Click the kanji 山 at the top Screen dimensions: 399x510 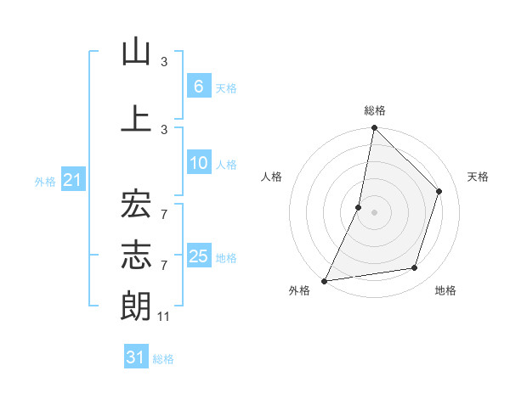tap(136, 53)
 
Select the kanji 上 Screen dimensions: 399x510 tap(136, 118)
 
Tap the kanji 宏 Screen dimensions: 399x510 tap(136, 203)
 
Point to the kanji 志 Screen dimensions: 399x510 tap(136, 254)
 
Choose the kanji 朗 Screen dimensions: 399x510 tap(136, 306)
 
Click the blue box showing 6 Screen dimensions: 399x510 tap(197, 86)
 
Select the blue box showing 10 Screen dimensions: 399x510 tap(197, 163)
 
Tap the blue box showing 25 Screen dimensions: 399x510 tap(198, 256)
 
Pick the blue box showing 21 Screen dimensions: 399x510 tap(71, 180)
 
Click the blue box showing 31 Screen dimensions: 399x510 tap(135, 357)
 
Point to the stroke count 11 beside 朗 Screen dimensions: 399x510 tap(164, 317)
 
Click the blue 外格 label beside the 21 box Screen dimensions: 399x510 tap(45, 181)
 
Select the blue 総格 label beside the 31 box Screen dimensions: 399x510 tap(164, 358)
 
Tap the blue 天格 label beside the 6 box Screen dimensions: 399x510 tap(225, 87)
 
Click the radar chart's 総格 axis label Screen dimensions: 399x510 tap(375, 110)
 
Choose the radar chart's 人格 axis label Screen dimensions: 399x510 tap(271, 177)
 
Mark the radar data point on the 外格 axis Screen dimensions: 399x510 tap(325, 280)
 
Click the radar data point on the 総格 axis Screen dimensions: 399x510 tap(374, 127)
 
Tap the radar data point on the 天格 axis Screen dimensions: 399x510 tap(439, 191)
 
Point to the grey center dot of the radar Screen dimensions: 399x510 tap(374, 212)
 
